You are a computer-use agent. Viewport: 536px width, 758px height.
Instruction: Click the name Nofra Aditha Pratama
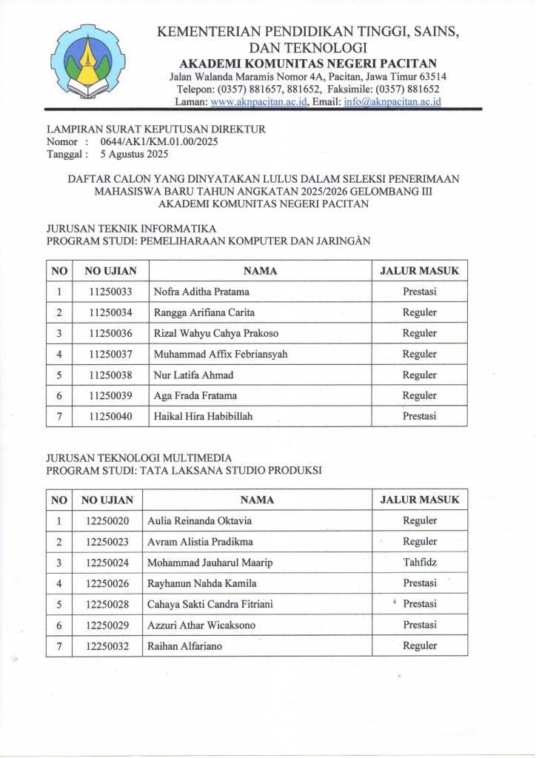(201, 292)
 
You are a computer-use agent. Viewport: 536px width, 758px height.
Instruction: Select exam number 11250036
(110, 333)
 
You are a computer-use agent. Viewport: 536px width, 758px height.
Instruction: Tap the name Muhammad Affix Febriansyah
(221, 354)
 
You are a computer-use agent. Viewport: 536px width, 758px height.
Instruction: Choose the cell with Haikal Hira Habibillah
(203, 416)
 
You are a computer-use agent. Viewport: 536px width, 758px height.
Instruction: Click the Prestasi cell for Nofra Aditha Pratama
(419, 292)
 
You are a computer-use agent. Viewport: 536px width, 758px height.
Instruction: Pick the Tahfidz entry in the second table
(419, 563)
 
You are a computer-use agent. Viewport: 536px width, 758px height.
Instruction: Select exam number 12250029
(107, 625)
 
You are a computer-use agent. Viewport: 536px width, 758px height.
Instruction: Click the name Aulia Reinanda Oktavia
(200, 521)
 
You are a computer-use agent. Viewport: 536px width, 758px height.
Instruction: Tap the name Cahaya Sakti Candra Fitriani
(210, 604)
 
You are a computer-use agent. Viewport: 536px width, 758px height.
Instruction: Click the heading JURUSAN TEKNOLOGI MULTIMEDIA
(139, 458)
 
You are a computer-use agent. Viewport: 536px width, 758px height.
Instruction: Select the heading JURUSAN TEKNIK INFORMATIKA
(131, 229)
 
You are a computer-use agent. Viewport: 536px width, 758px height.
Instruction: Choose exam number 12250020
(107, 521)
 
